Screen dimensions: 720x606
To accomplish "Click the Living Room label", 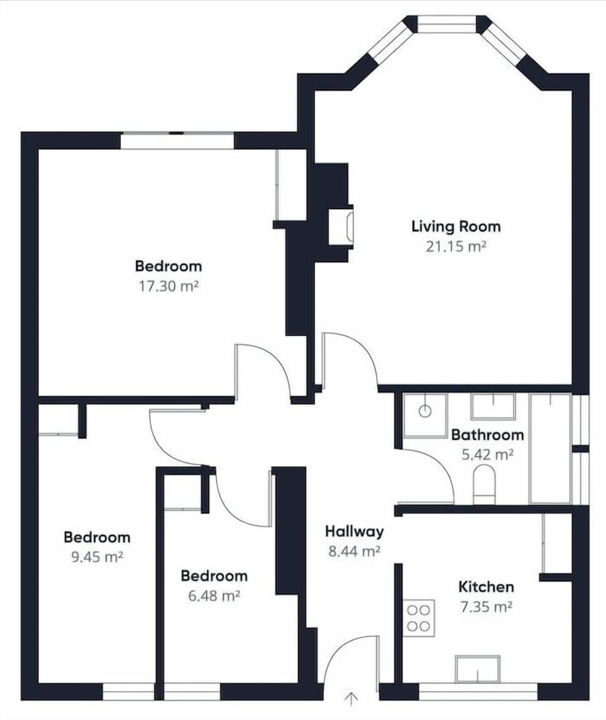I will tap(456, 226).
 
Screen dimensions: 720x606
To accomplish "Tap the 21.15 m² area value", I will tap(456, 247).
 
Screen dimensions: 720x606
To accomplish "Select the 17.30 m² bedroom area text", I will tap(169, 286).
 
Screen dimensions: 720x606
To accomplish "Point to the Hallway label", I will tap(354, 531).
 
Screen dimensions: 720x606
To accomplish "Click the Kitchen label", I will tap(486, 587).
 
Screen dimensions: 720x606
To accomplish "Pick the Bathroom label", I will tap(487, 435).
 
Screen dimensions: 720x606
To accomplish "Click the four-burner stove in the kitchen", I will tap(419, 618).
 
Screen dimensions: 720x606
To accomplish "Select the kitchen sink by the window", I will tap(477, 668).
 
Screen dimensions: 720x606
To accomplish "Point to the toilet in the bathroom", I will tap(484, 483).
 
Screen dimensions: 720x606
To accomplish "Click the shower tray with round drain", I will tap(425, 415).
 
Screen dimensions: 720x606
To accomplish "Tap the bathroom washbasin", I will tap(493, 406).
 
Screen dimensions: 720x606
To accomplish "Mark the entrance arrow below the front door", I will tap(352, 699).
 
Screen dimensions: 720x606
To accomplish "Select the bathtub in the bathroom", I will tap(550, 448).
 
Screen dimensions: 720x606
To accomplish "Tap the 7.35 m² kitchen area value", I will tap(485, 607).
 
